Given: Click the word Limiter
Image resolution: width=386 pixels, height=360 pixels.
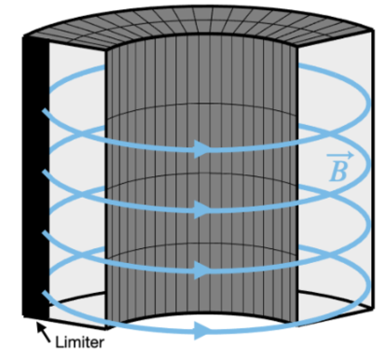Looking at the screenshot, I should [x=79, y=342].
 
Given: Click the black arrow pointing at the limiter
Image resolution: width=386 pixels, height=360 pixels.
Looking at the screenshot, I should [x=43, y=328].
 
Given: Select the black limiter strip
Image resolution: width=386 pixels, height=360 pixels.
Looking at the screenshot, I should [x=34, y=177].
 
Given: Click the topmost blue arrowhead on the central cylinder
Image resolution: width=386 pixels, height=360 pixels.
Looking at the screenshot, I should [x=200, y=148].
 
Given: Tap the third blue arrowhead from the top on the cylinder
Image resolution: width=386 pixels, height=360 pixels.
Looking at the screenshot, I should [x=200, y=269].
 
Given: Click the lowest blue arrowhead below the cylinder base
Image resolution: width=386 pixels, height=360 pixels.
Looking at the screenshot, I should [x=200, y=328].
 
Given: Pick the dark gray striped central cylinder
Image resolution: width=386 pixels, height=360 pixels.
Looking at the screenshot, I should [x=168, y=187].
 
